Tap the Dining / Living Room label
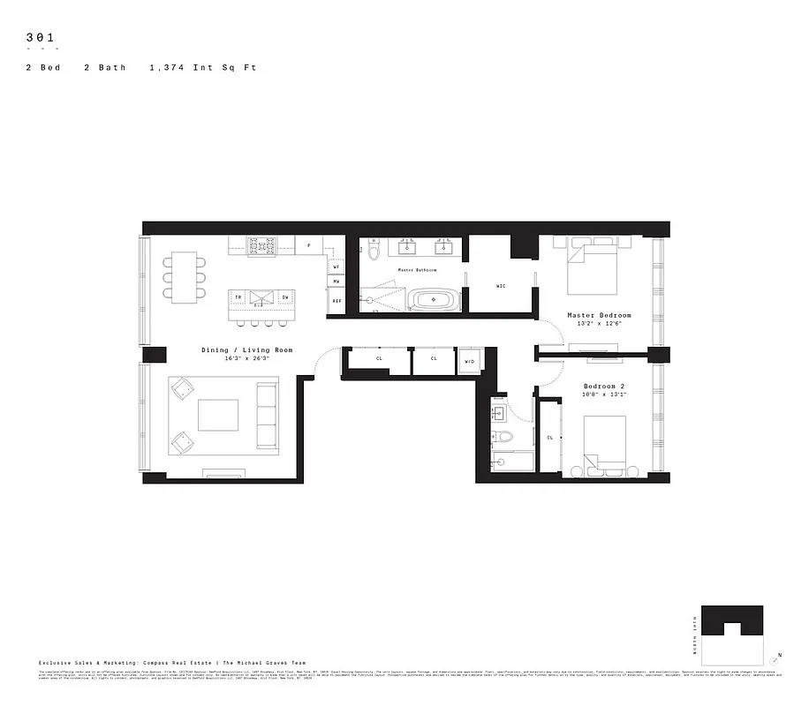[246, 350]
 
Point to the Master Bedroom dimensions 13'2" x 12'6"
[599, 325]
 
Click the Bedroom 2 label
[605, 386]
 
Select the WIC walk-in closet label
[500, 286]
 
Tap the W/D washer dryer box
[469, 361]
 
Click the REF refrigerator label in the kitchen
[336, 302]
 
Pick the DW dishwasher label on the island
[284, 298]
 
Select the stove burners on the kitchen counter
[261, 245]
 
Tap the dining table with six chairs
[185, 277]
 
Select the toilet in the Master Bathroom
[374, 252]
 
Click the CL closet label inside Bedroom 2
[549, 438]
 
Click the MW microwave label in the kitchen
[336, 282]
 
